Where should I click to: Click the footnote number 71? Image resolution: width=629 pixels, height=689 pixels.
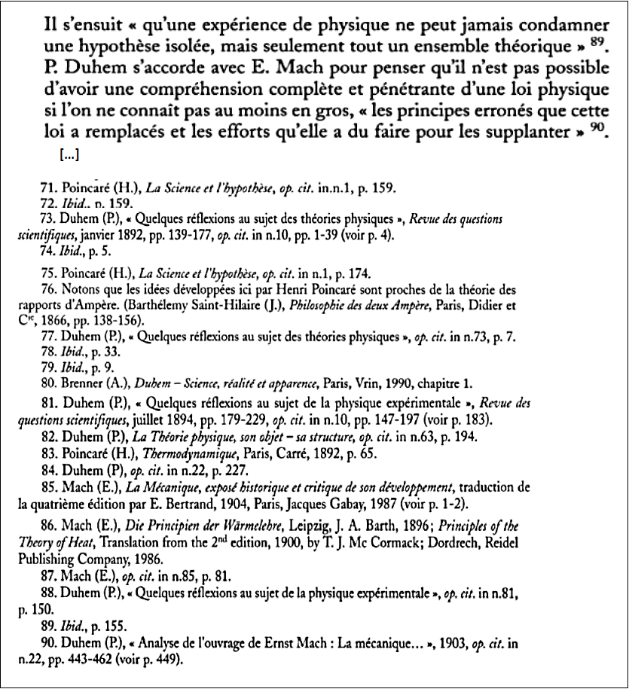pos(46,188)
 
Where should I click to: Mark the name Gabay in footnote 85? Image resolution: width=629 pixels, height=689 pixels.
pos(374,505)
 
